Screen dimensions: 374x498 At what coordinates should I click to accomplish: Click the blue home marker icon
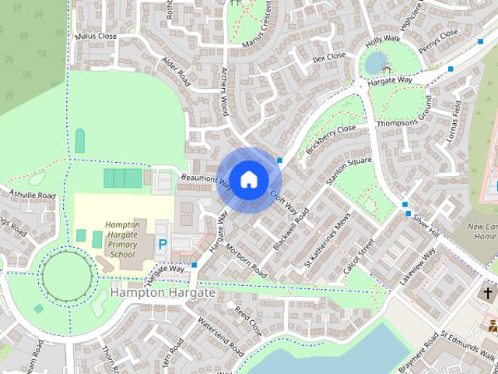[248, 179]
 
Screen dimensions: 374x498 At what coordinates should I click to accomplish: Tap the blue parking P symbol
[163, 244]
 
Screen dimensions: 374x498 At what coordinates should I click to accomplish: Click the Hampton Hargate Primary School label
[122, 238]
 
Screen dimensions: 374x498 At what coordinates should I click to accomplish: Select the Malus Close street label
[96, 36]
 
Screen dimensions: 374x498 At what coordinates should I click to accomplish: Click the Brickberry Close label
[331, 138]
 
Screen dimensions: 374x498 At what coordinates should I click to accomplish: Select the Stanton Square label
[349, 171]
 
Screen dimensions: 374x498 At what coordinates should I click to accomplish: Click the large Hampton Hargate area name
[162, 293]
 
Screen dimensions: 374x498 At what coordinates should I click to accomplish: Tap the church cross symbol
[488, 294]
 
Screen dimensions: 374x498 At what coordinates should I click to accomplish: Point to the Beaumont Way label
[206, 182]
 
